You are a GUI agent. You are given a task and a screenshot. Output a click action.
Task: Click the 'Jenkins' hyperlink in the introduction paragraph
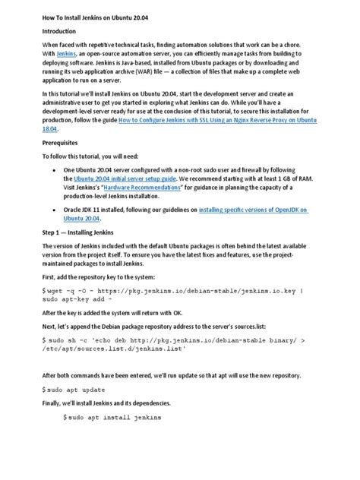pyautogui.click(x=67, y=59)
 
